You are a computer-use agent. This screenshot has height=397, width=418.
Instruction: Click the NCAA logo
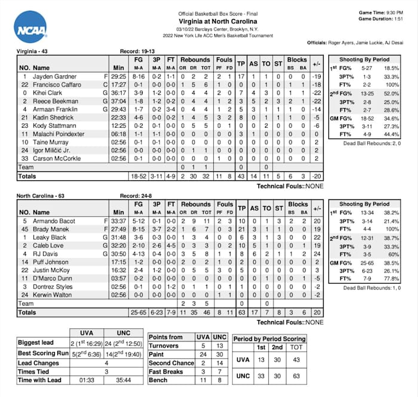(x=30, y=27)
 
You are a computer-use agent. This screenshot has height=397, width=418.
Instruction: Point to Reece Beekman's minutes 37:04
(x=118, y=101)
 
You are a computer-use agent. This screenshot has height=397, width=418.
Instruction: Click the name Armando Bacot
(x=54, y=221)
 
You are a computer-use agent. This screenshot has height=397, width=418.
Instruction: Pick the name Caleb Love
(x=47, y=245)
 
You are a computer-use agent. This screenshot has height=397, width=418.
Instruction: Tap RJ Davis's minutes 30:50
(x=118, y=254)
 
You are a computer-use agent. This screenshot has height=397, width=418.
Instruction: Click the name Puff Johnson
(x=51, y=262)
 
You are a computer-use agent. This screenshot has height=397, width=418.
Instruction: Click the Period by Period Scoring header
(x=270, y=338)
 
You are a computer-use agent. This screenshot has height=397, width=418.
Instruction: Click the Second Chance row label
(x=171, y=362)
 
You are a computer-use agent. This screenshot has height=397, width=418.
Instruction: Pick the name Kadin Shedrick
(x=53, y=118)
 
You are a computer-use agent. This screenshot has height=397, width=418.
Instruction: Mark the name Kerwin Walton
(x=53, y=295)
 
